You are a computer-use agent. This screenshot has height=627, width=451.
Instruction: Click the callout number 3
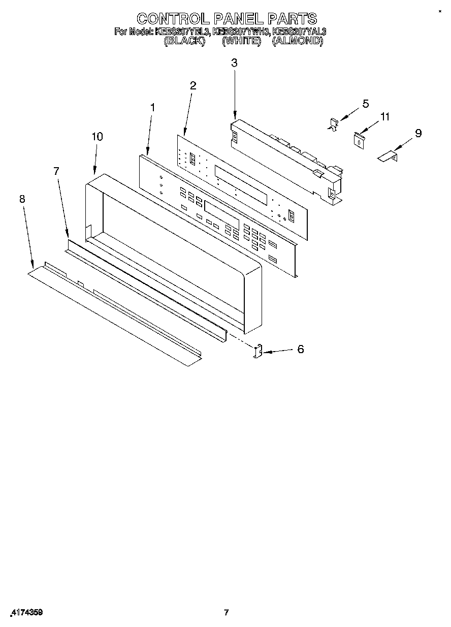[x=234, y=63]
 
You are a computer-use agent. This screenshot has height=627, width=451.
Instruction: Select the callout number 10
[x=97, y=136]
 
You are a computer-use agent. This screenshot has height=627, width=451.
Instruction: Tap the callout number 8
[x=22, y=199]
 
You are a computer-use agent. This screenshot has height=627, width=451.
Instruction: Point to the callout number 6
[x=300, y=350]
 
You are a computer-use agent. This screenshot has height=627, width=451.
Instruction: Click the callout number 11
[x=384, y=117]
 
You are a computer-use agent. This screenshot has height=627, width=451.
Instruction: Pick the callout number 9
[x=418, y=133]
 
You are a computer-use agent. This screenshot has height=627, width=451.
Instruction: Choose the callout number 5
[x=366, y=104]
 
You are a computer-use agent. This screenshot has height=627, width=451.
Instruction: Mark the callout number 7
[x=56, y=171]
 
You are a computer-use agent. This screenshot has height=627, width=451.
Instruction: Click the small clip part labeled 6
[x=258, y=351]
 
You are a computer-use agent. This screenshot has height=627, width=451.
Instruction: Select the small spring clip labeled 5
[x=333, y=124]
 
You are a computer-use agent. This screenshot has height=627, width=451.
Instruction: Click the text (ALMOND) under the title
[x=298, y=41]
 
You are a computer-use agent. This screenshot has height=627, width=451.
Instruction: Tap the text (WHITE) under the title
[x=241, y=41]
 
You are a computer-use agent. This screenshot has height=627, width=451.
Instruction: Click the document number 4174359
[x=25, y=612]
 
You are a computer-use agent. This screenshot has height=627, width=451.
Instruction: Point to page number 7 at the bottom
[x=226, y=612]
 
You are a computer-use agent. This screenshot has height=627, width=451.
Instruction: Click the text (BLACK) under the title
[x=184, y=41]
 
